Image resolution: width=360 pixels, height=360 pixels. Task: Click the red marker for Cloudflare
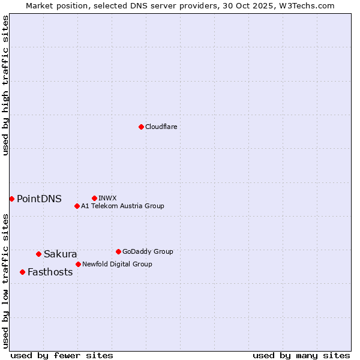(x=141, y=127)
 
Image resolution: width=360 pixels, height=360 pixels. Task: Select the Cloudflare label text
(x=161, y=127)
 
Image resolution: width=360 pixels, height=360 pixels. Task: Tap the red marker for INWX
(x=94, y=198)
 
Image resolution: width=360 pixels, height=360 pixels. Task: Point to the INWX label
(x=107, y=198)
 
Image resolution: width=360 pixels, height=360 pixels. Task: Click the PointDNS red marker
(x=11, y=199)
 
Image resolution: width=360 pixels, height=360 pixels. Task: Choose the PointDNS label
(x=39, y=199)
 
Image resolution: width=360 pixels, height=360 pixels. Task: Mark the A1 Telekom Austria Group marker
(x=77, y=206)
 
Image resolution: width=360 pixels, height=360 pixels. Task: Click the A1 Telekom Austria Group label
(x=122, y=206)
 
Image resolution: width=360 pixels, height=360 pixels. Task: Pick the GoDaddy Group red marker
(x=118, y=251)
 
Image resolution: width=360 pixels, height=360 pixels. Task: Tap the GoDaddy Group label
(x=148, y=251)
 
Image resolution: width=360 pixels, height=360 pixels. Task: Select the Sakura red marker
(x=38, y=254)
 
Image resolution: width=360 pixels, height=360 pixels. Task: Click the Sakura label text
(x=60, y=254)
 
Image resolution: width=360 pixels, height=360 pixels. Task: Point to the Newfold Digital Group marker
(x=78, y=264)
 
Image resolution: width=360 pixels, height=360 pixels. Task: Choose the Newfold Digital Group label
(x=117, y=264)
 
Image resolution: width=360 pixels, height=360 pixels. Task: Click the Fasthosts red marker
(x=22, y=272)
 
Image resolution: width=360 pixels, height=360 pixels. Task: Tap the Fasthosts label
(x=50, y=272)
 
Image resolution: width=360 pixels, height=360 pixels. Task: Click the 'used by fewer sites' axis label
(x=62, y=355)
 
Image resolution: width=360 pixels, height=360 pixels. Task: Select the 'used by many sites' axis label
(x=301, y=355)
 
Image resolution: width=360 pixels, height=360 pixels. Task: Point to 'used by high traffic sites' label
(x=5, y=85)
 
